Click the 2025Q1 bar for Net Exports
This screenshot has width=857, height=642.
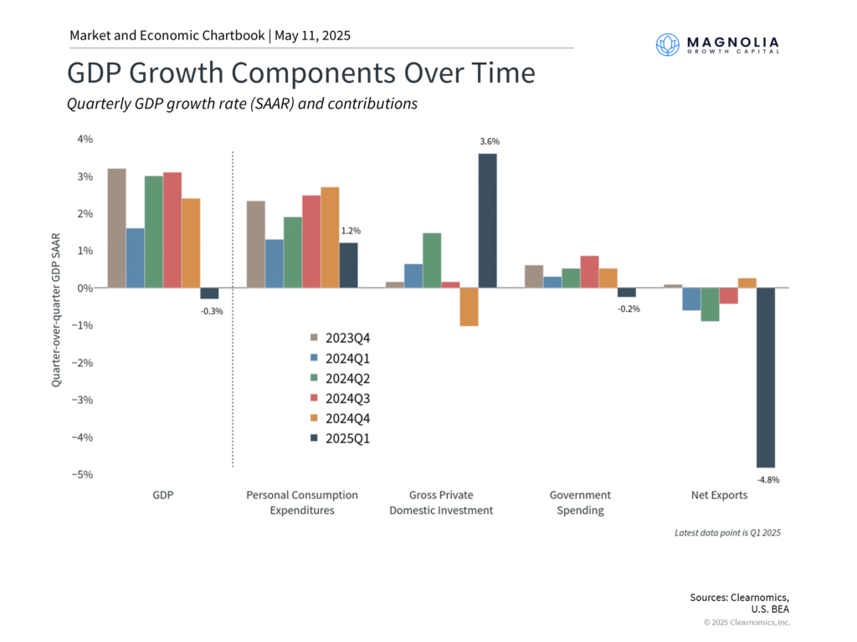click(x=766, y=377)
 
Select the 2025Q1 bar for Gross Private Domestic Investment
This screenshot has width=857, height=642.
click(x=487, y=221)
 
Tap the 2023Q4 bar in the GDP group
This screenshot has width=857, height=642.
click(x=116, y=228)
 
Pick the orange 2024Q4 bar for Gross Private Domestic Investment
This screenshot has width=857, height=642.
click(x=469, y=307)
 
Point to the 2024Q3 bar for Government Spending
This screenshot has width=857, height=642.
click(x=588, y=272)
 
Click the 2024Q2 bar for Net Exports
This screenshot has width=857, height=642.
click(x=711, y=304)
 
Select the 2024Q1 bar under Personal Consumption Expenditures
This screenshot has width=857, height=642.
click(x=275, y=263)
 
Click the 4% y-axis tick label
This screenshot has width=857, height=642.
click(x=85, y=139)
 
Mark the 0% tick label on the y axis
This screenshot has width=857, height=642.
click(x=85, y=288)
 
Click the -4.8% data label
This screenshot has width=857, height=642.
click(x=769, y=479)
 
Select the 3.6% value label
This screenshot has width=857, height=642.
click(x=489, y=142)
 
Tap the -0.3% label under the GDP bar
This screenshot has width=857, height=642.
click(x=211, y=311)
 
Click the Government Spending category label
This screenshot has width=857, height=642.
click(x=580, y=502)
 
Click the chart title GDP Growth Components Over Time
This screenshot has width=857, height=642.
click(x=300, y=73)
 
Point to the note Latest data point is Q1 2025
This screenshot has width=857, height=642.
click(x=727, y=532)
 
